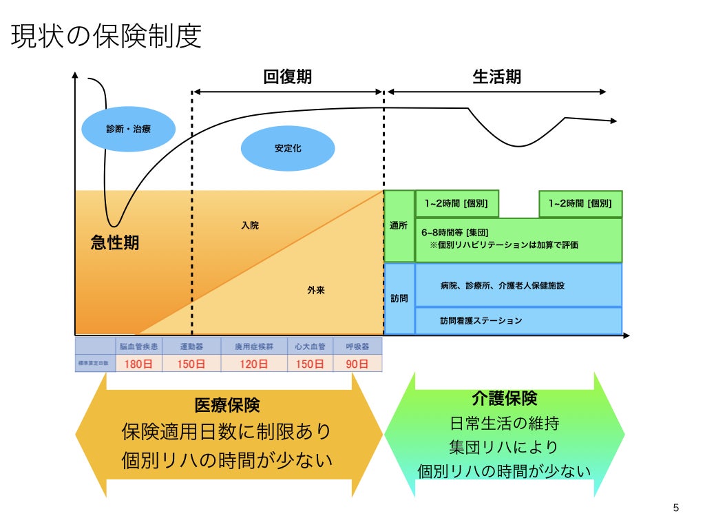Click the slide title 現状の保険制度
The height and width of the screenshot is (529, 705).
[x=107, y=37]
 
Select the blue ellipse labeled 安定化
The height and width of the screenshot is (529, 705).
[x=288, y=148]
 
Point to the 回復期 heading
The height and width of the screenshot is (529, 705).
[x=288, y=76]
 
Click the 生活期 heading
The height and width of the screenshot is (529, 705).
[x=496, y=76]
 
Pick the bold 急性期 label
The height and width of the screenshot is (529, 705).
[x=115, y=242]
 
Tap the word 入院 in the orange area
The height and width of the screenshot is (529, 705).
[x=250, y=225]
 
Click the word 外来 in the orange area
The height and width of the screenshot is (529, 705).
[x=315, y=291]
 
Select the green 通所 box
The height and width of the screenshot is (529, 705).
[x=399, y=226]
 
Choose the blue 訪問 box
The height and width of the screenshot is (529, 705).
[x=399, y=299]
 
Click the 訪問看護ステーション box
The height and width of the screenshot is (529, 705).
[x=481, y=320]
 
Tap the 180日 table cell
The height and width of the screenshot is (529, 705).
[x=139, y=363]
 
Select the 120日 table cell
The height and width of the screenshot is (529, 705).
[x=254, y=363]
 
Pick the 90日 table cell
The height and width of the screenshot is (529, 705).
[x=358, y=363]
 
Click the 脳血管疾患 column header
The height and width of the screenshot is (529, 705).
[x=138, y=346]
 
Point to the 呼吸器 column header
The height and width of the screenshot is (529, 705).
[x=358, y=346]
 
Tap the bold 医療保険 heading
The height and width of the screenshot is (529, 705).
[x=227, y=405]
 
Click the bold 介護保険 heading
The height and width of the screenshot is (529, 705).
[x=505, y=397]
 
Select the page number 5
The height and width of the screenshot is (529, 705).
[x=675, y=508]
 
